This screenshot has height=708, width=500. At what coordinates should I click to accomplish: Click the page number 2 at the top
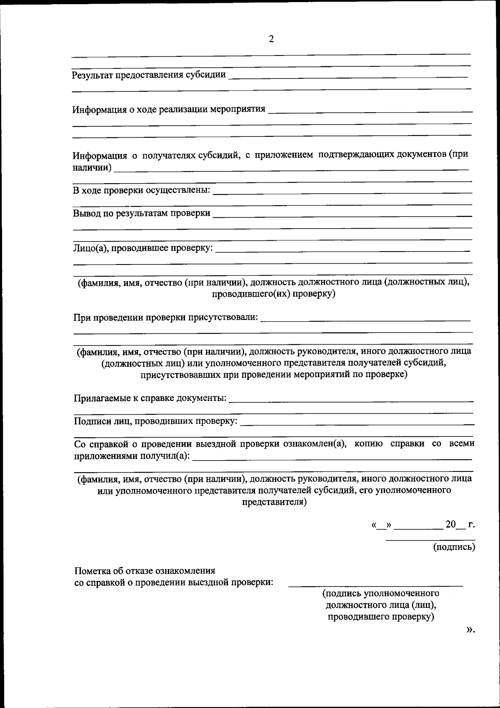[271, 39]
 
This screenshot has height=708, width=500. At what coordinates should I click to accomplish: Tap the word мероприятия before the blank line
[237, 109]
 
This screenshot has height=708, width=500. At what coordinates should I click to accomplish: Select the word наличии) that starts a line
[92, 168]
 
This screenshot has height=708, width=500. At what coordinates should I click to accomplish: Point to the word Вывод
[86, 213]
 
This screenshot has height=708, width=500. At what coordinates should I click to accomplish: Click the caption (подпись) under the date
[454, 547]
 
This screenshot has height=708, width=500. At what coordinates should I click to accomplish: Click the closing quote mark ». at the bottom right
[470, 629]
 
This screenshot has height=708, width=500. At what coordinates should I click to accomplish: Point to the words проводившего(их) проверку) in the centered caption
[273, 294]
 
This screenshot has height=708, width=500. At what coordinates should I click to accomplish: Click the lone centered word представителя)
[274, 501]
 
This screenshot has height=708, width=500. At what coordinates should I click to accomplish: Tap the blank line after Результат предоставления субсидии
[348, 77]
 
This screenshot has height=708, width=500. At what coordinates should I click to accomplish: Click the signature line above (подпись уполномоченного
[375, 586]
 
